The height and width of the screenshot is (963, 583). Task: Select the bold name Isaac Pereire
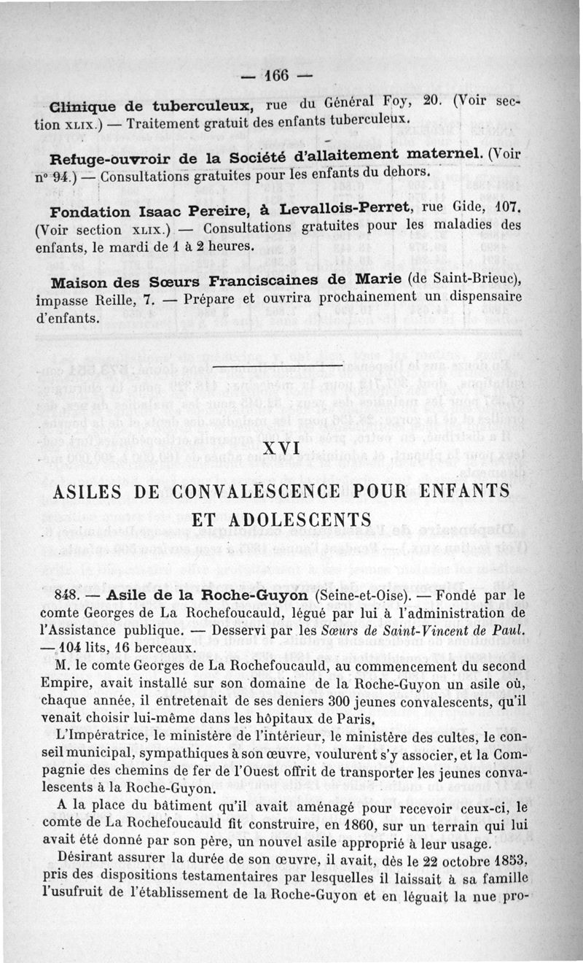176,212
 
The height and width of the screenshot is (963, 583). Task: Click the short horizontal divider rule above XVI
281,363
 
